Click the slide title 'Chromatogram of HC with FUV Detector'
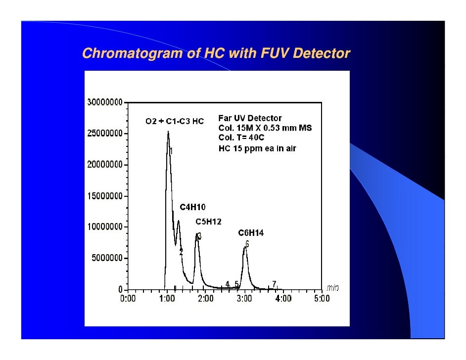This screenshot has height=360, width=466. coord(216,53)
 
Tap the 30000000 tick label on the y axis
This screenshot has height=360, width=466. coord(105,103)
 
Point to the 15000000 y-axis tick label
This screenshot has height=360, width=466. coord(105,196)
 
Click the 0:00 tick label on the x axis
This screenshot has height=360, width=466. coord(128,299)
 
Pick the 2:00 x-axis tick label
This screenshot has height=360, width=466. coord(205,299)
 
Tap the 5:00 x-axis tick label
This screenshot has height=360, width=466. coord(322,299)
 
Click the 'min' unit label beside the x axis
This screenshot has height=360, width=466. coord(332,288)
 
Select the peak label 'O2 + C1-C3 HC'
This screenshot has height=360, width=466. coord(174,122)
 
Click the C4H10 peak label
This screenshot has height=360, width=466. coord(192,207)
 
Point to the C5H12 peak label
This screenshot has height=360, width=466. coord(208,222)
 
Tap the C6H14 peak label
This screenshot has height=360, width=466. coord(251,232)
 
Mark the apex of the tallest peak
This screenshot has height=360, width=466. coord(168,132)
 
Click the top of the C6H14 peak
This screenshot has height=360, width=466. coord(245,248)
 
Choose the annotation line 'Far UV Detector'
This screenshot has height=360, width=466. coord(250,118)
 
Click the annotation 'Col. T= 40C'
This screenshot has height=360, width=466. coord(241,137)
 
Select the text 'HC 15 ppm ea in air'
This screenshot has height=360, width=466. coord(257,148)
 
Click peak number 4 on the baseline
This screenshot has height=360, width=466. coord(227,284)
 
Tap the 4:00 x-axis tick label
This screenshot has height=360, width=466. coord(283,299)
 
